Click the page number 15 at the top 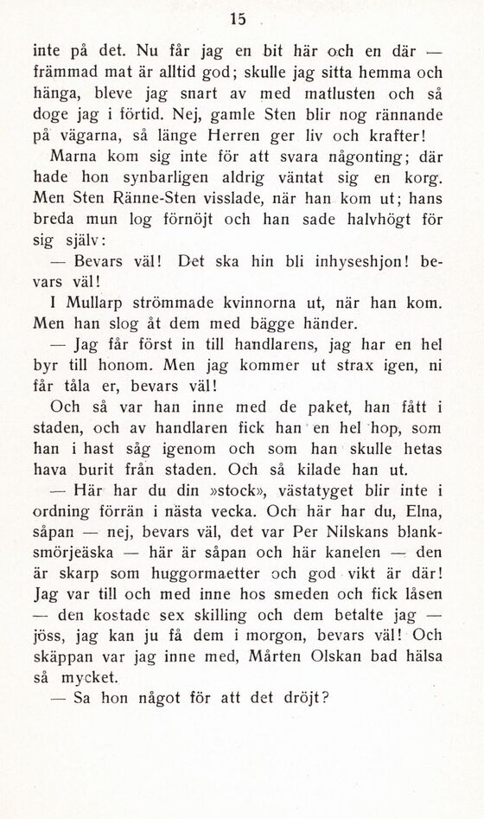tap(239, 18)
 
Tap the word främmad tap(67, 74)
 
